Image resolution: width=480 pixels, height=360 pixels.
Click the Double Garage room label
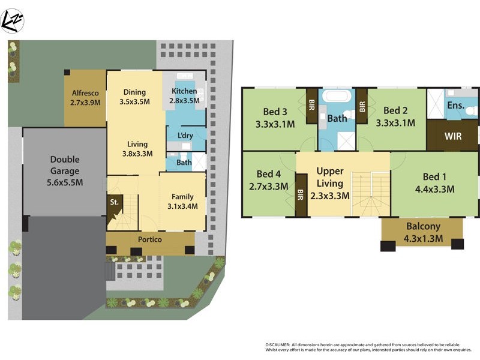[65, 171]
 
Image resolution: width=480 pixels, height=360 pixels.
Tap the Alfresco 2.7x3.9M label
[85, 98]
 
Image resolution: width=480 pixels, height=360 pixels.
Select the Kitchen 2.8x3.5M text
[185, 96]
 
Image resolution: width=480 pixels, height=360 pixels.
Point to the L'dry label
[185, 136]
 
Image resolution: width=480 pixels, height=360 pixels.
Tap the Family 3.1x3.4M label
[182, 202]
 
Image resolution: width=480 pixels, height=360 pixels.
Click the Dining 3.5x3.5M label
[135, 97]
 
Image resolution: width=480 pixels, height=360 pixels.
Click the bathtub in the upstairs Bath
[337, 97]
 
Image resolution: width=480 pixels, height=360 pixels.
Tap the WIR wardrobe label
[453, 136]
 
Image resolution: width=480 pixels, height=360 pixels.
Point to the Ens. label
[455, 106]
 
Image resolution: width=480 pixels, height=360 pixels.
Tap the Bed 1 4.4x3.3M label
[434, 183]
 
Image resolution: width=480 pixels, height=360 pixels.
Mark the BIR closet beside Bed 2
[362, 106]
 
